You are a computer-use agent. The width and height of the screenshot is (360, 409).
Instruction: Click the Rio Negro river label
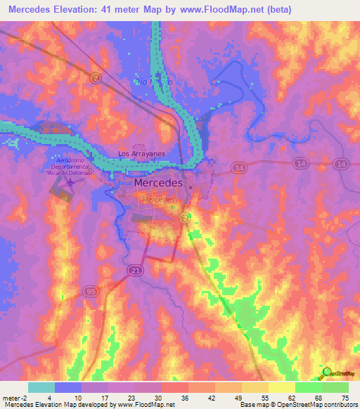click(x=153, y=82)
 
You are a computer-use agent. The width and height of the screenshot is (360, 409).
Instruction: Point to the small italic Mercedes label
click(x=158, y=200)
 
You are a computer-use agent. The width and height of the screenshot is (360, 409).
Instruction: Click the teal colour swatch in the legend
click(x=41, y=387)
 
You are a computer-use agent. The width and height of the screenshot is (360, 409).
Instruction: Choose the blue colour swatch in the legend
click(x=68, y=387)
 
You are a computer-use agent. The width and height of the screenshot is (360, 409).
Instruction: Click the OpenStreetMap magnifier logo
click(x=327, y=373)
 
